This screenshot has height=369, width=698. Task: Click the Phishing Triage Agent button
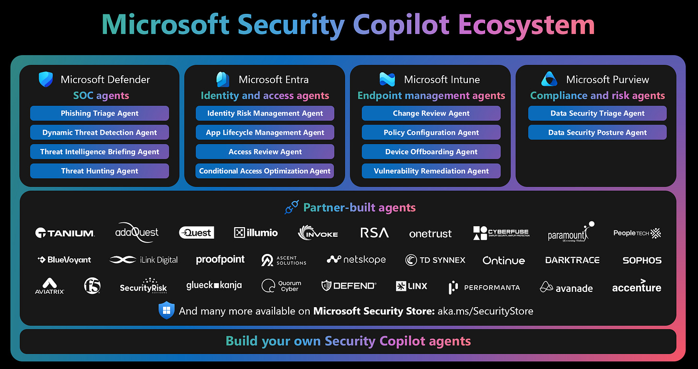[x=99, y=114]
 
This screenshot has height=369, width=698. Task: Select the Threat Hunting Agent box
[x=99, y=171]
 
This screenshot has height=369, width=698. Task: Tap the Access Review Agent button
[x=265, y=152]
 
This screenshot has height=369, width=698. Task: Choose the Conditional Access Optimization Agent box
[x=265, y=171]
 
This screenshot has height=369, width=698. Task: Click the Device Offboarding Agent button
[x=431, y=152]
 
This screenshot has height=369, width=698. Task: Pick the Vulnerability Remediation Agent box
[x=431, y=171]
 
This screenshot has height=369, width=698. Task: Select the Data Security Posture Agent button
[x=597, y=133]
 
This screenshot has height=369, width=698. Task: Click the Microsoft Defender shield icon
[x=46, y=80]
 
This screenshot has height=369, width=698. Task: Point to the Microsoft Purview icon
[x=549, y=79]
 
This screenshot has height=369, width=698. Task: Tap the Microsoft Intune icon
[x=387, y=80]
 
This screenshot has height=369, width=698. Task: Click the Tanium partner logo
[x=65, y=233]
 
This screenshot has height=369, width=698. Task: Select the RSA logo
[x=374, y=233]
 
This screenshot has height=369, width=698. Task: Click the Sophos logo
[x=641, y=261]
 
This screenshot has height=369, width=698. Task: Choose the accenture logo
[x=636, y=287]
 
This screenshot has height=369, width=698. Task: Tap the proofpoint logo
[x=220, y=260]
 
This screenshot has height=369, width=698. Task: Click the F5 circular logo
[x=92, y=286]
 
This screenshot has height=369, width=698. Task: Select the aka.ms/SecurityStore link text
[x=485, y=311]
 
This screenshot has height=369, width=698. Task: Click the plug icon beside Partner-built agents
[x=291, y=208]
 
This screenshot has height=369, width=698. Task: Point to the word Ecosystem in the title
[x=526, y=25]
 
